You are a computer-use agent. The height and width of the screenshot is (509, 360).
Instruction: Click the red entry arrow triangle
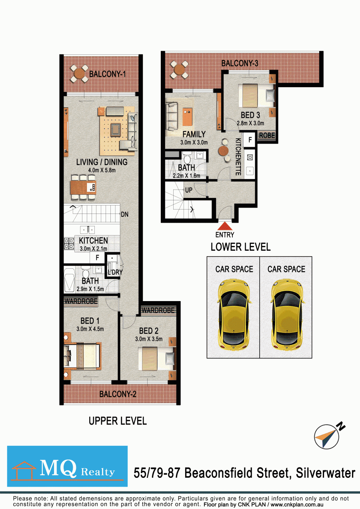click(x=225, y=226)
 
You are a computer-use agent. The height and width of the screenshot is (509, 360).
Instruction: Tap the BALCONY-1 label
click(x=107, y=74)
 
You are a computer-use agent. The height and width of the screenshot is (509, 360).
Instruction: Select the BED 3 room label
click(x=250, y=115)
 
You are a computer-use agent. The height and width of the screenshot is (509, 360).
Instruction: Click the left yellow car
click(x=234, y=315)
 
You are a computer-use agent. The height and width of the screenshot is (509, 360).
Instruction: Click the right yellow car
click(x=288, y=315)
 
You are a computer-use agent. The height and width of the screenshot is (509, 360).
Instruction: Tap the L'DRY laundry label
click(x=115, y=272)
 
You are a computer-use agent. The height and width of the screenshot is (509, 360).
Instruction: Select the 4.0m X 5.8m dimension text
click(x=102, y=170)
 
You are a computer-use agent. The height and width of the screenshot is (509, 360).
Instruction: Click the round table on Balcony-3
click(x=179, y=69)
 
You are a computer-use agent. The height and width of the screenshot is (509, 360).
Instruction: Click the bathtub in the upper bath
click(x=69, y=280)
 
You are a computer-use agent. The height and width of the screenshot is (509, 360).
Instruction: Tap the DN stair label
click(x=124, y=214)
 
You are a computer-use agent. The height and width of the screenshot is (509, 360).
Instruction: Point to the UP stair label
click(x=189, y=190)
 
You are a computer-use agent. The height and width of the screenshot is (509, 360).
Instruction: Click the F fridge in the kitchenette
click(x=250, y=140)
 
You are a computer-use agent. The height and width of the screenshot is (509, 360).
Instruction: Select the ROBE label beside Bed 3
click(x=267, y=136)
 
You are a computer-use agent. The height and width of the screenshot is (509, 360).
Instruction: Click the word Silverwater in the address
click(x=326, y=473)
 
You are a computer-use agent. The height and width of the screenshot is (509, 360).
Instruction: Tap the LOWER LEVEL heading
click(x=240, y=247)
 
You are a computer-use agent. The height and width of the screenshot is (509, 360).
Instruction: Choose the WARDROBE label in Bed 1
click(x=81, y=301)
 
